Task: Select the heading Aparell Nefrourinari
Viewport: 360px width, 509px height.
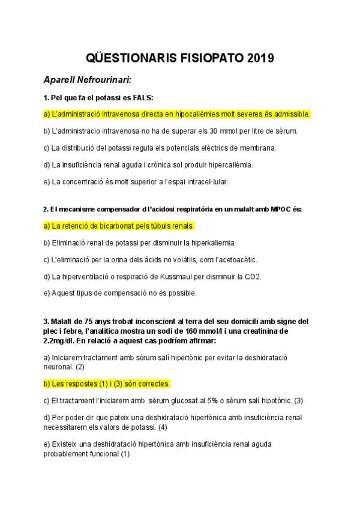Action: click(88, 80)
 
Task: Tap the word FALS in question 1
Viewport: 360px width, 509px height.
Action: click(140, 97)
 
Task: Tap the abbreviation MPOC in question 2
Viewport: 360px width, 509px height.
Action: click(285, 209)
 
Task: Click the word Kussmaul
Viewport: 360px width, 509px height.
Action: click(169, 277)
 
